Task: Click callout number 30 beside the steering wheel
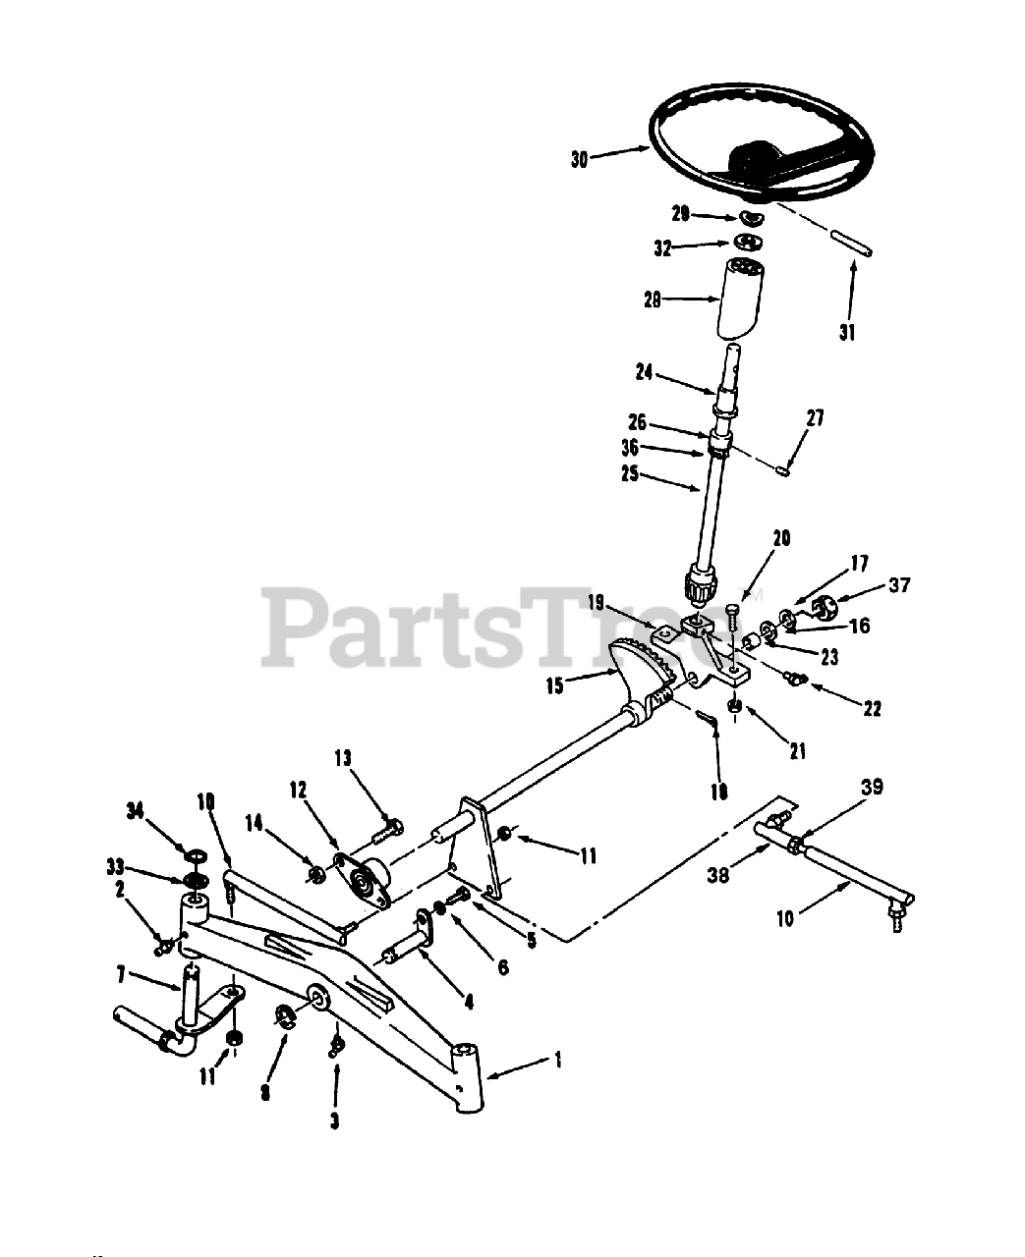(578, 159)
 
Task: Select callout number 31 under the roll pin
(847, 333)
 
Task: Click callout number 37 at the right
(899, 586)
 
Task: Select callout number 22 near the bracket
(872, 708)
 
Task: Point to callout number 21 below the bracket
(797, 751)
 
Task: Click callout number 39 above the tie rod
(872, 788)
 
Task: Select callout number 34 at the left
(136, 810)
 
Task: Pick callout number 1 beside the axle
(557, 1060)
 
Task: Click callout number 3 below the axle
(334, 1120)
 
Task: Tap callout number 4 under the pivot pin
(469, 1003)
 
